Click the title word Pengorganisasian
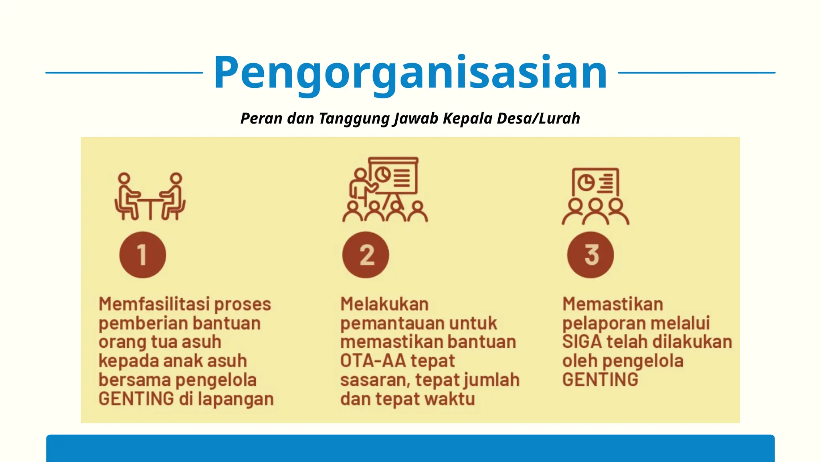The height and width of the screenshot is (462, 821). [410, 73]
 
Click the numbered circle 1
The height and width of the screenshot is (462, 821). [142, 255]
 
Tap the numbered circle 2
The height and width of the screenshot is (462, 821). [366, 255]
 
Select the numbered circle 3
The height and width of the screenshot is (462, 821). [590, 255]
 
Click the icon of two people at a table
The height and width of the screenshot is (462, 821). [150, 197]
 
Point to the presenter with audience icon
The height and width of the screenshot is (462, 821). [385, 190]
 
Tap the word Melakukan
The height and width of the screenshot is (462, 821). [384, 304]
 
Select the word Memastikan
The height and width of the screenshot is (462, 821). [613, 304]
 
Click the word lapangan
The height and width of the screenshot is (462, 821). [236, 399]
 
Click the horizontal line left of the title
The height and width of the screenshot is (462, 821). [124, 73]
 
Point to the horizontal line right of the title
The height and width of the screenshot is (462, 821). [697, 73]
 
